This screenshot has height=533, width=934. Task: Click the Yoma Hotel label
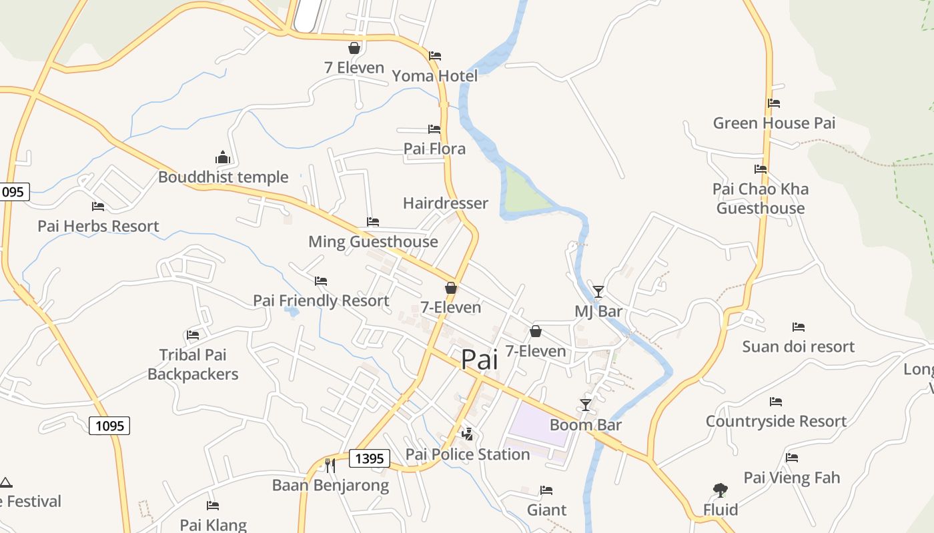435,76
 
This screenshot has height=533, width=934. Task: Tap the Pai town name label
480,360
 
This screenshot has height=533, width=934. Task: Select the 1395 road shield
370,458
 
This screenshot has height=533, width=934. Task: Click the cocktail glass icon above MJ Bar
598,292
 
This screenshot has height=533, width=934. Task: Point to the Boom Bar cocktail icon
586,405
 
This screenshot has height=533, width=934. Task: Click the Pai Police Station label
468,454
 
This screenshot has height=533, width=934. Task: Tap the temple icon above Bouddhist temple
223,158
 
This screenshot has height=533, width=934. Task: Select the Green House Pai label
774,123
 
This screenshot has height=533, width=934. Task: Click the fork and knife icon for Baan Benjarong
330,465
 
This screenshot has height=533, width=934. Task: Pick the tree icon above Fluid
720,490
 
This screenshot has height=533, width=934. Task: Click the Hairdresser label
446,203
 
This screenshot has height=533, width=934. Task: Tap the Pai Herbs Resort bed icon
98,207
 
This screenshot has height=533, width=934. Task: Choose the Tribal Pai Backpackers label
193,364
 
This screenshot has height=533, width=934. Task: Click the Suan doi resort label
799,346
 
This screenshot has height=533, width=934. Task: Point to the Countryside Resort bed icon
776,402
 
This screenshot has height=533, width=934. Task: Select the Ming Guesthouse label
373,242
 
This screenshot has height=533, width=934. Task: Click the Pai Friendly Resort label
321,300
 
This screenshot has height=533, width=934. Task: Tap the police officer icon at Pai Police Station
468,434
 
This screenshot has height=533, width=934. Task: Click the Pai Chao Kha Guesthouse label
761,199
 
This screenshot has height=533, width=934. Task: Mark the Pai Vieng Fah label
792,478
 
